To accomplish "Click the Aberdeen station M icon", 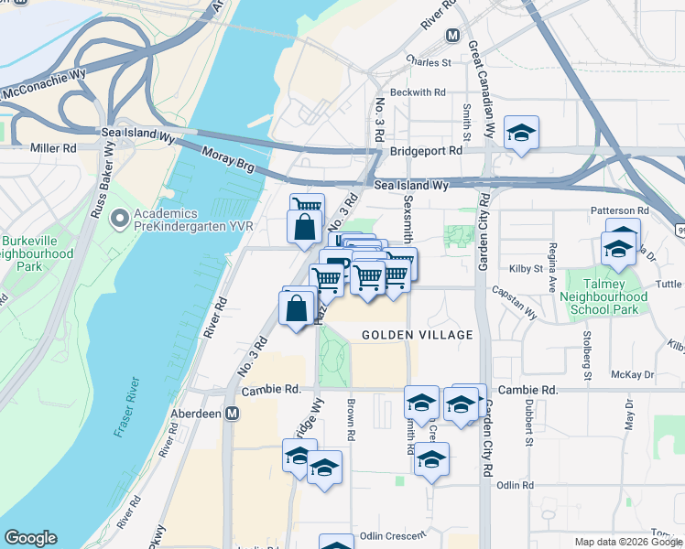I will pyautogui.click(x=233, y=414).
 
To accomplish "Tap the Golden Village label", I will pyautogui.click(x=417, y=335).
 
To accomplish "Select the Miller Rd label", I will pyautogui.click(x=53, y=148).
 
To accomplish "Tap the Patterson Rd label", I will pyautogui.click(x=620, y=210).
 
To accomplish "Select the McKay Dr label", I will pyautogui.click(x=633, y=375).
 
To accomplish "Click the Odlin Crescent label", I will pyautogui.click(x=393, y=536).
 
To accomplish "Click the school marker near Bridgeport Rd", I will pyautogui.click(x=521, y=133).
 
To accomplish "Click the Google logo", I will pyautogui.click(x=30, y=538).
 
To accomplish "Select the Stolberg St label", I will pyautogui.click(x=587, y=342).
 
